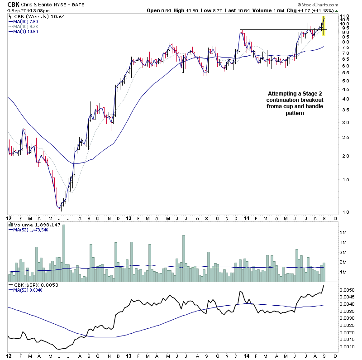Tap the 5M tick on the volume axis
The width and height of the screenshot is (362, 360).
click(343, 232)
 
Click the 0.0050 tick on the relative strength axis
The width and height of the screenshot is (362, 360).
click(347, 289)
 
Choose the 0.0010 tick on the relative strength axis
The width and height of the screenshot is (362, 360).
click(347, 347)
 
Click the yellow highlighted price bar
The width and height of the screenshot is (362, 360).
click(324, 26)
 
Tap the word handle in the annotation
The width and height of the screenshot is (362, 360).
click(302, 106)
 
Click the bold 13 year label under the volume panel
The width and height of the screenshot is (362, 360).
click(129, 218)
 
